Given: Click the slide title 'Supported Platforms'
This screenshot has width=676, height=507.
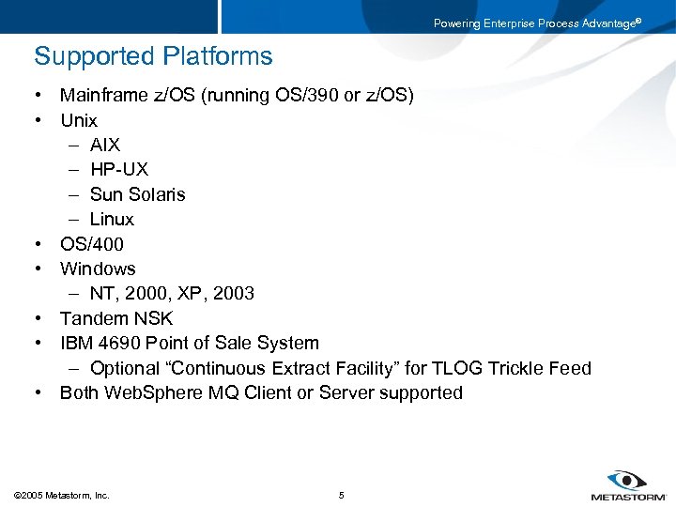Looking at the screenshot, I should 153,56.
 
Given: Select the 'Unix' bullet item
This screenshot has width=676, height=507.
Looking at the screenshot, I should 79,120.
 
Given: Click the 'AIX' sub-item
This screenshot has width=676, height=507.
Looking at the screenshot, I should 105,145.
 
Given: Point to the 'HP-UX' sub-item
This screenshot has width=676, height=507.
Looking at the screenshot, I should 119,170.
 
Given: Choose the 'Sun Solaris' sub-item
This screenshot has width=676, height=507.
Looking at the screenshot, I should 138,194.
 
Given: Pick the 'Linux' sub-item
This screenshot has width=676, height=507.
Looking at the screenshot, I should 112,219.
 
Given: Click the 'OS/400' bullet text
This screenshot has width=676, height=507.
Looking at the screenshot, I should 92,244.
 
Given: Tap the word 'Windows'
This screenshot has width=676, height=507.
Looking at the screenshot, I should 98,269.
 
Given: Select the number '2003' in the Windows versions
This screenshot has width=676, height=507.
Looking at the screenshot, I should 233,294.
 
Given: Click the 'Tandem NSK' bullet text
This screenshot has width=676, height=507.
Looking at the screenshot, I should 116,318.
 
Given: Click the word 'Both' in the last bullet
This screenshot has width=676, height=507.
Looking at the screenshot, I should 80,392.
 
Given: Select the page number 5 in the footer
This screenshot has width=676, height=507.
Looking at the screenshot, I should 342,495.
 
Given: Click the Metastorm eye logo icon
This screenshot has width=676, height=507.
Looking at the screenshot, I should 628,480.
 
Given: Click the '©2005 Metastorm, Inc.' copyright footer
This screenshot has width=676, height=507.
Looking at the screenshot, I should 62,495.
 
